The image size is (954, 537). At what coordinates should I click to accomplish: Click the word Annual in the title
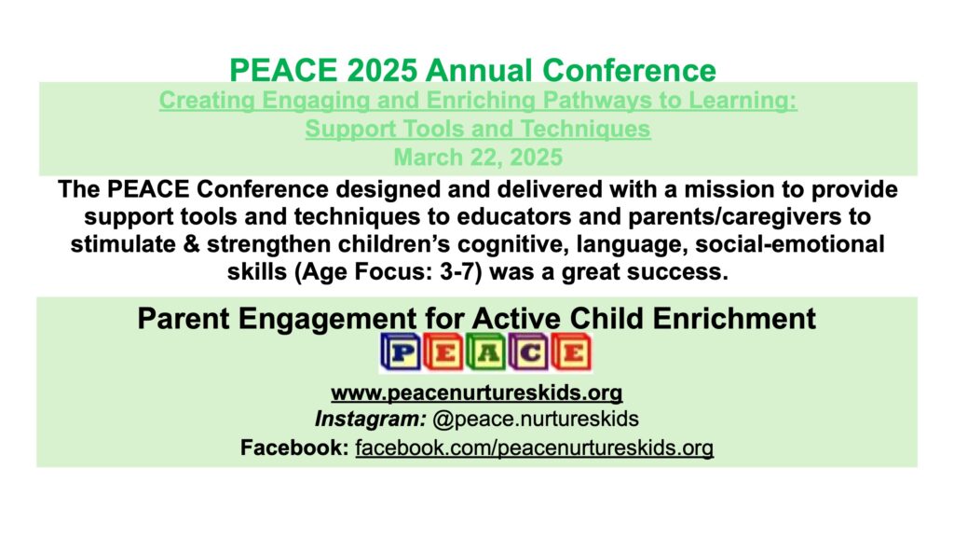pos(479,70)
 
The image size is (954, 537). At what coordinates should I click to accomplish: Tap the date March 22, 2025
pos(478,157)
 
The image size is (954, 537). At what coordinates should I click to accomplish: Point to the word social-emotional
pos(790,244)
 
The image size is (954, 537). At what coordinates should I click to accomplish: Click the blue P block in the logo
pos(401,351)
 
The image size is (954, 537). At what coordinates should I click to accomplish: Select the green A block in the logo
pos(486,351)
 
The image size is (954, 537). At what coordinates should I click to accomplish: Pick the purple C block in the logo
pos(529,351)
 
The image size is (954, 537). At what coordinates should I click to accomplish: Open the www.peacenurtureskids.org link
pos(477,392)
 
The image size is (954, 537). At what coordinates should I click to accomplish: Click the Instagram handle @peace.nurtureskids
pos(536,419)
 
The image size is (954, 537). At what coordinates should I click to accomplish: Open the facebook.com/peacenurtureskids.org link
pos(534,448)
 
